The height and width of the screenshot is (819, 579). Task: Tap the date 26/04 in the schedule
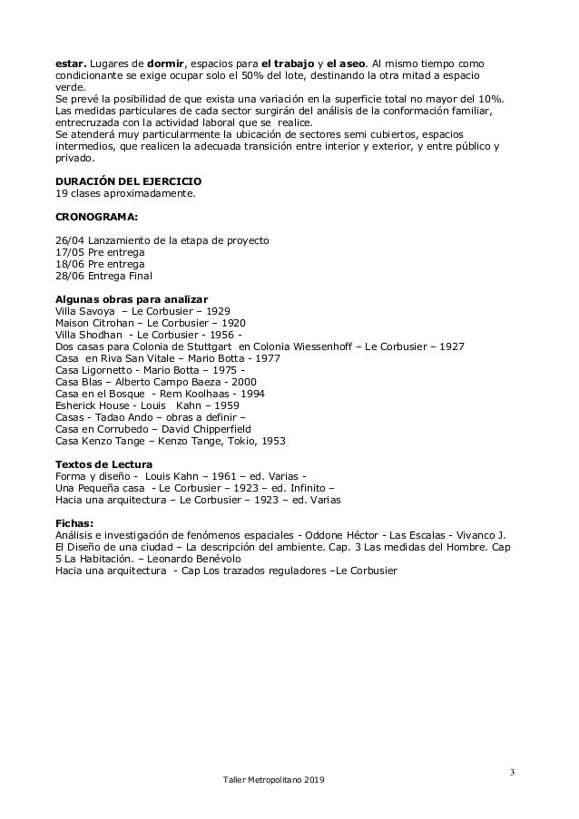click(67, 240)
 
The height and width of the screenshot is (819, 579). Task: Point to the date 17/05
click(67, 252)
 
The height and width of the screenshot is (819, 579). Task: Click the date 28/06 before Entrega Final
click(67, 276)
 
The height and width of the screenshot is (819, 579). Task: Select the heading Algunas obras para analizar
click(132, 299)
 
